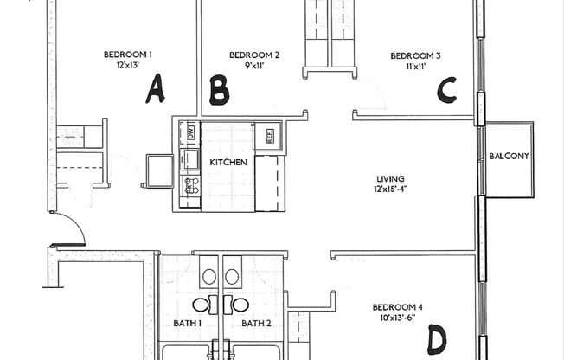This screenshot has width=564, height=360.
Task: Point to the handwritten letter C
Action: point(446,89)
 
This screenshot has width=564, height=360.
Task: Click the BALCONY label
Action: point(509,157)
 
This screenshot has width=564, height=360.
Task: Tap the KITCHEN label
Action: point(228,162)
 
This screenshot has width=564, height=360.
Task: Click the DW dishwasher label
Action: point(189,133)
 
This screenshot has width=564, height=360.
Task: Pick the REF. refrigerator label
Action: point(268,136)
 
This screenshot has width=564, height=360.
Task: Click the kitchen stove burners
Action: point(189,183)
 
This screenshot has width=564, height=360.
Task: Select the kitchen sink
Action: point(188,158)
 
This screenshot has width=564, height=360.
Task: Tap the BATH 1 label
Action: point(188,324)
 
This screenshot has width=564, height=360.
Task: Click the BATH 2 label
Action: point(255,324)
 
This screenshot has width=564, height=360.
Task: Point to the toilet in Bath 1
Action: point(208,277)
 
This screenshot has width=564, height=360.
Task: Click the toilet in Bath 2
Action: point(232,277)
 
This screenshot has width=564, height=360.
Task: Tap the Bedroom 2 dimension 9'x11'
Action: point(254,67)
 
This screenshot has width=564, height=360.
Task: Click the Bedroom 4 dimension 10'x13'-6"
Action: point(398,318)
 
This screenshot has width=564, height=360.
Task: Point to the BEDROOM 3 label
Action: point(413,56)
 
